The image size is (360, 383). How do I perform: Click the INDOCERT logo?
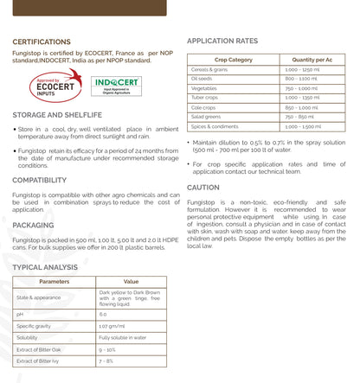coord(116,87)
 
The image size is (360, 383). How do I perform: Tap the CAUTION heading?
coord(203,187)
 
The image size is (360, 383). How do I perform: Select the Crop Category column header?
coord(233,60)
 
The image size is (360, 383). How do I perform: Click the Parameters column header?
coord(55,281)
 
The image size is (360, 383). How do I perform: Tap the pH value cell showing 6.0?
coord(104,315)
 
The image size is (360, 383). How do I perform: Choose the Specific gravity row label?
coord(36,326)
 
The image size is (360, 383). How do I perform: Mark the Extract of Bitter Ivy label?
coord(40,360)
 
